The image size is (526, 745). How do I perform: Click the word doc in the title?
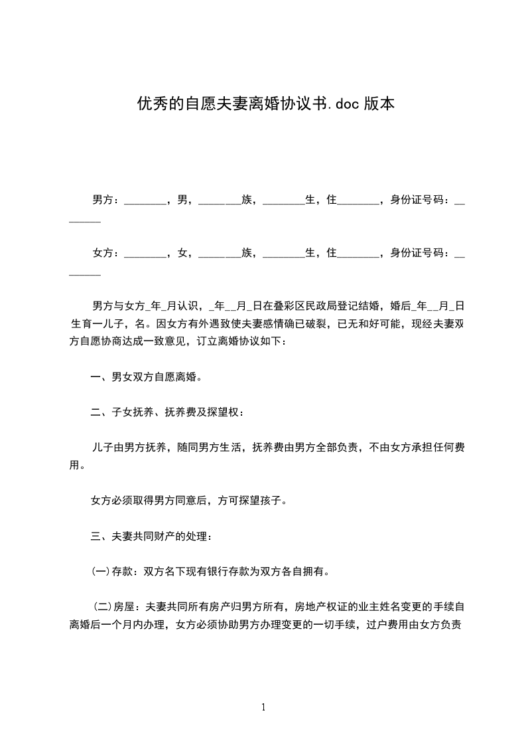(x=348, y=104)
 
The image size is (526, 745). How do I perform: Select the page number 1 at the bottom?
(x=263, y=707)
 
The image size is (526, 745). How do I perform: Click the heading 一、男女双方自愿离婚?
(x=146, y=377)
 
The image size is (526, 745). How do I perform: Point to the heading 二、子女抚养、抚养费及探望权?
(x=167, y=413)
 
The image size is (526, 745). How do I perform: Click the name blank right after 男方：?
(x=145, y=200)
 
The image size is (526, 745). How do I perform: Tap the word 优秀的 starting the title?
(x=160, y=104)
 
